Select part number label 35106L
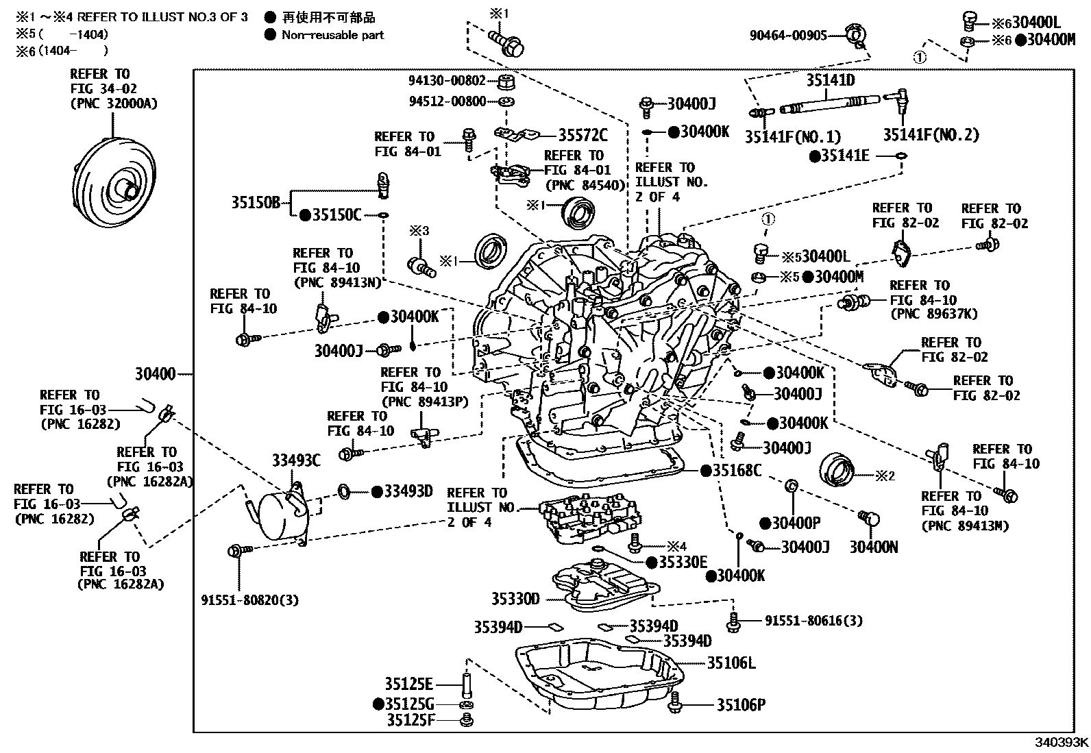coord(731,663)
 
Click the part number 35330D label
coord(515,599)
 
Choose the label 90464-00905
coord(788,35)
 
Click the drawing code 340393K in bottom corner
coord(1061,742)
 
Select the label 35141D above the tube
coord(830,80)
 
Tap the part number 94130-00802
coord(447,80)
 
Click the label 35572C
coord(583,135)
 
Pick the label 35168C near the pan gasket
coord(737,470)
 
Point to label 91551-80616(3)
coord(813,621)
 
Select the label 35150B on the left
coord(255,203)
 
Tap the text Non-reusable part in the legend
coord(332,35)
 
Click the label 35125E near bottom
coord(408,683)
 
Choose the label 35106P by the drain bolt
coord(741,704)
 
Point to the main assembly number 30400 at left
coord(155,374)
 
